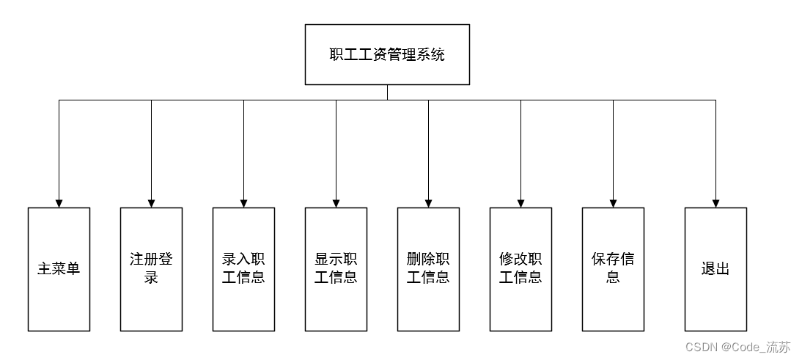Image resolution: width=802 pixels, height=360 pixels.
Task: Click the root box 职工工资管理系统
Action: pyautogui.click(x=387, y=54)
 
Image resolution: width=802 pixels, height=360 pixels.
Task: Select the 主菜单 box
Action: pyautogui.click(x=59, y=269)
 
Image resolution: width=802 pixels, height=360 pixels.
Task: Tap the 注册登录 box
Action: pyautogui.click(x=151, y=269)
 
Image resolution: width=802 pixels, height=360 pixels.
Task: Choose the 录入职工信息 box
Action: pyautogui.click(x=243, y=269)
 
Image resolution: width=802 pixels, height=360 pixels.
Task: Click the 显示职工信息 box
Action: pyautogui.click(x=336, y=269)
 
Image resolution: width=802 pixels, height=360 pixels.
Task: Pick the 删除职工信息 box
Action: pyautogui.click(x=428, y=269)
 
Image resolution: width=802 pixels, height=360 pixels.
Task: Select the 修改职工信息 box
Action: pyautogui.click(x=520, y=269)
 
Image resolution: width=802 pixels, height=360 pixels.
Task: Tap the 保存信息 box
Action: pyautogui.click(x=613, y=269)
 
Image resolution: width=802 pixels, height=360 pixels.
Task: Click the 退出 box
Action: pyautogui.click(x=715, y=269)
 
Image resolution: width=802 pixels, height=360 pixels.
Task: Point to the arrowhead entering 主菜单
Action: pyautogui.click(x=59, y=203)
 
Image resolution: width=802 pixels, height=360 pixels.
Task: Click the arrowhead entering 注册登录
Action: pyautogui.click(x=151, y=203)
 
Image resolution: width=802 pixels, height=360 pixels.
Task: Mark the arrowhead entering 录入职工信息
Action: pyautogui.click(x=243, y=203)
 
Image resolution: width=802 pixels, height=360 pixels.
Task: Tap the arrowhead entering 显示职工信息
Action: pyautogui.click(x=336, y=203)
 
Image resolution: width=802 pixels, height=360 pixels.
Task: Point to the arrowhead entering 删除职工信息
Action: pyautogui.click(x=428, y=203)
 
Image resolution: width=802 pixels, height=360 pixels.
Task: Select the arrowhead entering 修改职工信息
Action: pyautogui.click(x=520, y=203)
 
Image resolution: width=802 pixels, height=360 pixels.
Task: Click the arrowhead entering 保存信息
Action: pyautogui.click(x=613, y=203)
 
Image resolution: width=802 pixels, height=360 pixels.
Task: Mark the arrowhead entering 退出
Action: pyautogui.click(x=715, y=203)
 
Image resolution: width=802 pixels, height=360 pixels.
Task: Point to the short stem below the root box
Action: pyautogui.click(x=387, y=92)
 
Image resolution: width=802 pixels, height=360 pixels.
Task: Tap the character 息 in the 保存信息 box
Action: pyautogui.click(x=613, y=278)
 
